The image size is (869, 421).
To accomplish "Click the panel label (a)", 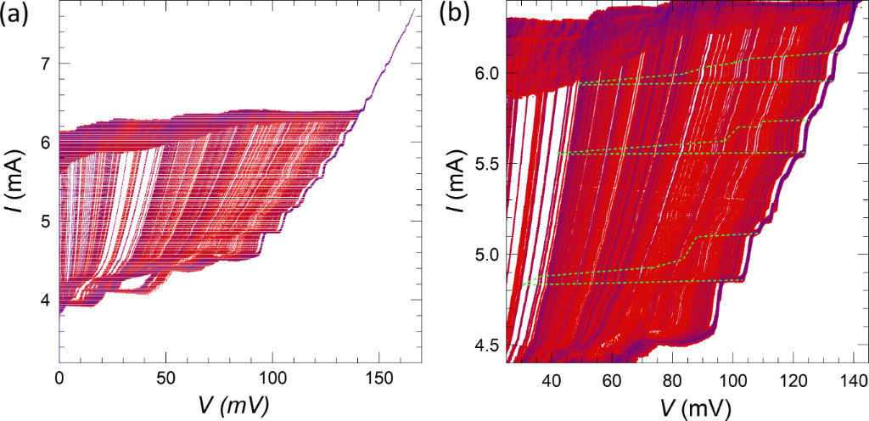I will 17,16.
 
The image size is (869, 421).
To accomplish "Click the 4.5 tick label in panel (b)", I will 484,345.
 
